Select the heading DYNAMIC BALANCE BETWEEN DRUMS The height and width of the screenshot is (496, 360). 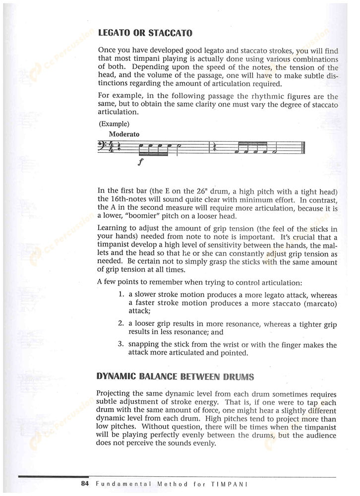tap(176, 376)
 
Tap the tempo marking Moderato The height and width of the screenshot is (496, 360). tap(124, 134)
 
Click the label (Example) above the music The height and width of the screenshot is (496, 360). tap(114, 124)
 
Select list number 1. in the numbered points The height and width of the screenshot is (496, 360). tap(121, 294)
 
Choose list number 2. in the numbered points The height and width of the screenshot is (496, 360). tap(121, 324)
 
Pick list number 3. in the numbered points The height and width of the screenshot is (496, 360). tap(121, 344)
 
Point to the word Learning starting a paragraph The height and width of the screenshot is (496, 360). tap(113, 229)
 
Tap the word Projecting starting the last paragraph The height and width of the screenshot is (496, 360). tap(116, 393)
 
